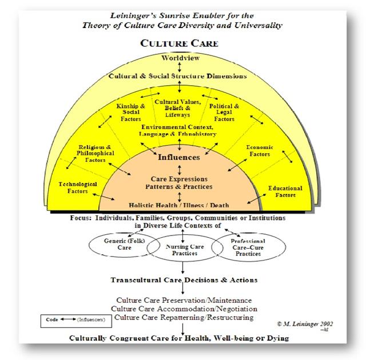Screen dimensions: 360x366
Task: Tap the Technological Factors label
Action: tap(78, 187)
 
